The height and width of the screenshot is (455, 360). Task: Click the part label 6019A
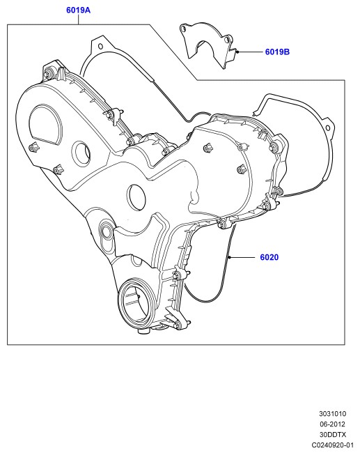coord(78,10)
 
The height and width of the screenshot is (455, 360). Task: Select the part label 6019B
coord(277,52)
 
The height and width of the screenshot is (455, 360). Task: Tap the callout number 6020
coord(269,257)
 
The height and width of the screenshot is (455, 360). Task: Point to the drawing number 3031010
coord(333,413)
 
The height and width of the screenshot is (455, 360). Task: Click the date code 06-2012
coord(332,424)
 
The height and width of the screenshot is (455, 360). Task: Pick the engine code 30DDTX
coord(333,434)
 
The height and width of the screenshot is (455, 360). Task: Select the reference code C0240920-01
coord(333,445)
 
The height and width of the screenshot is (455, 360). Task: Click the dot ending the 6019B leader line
coord(237,52)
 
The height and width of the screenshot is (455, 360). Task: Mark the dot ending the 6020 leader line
coord(229,257)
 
